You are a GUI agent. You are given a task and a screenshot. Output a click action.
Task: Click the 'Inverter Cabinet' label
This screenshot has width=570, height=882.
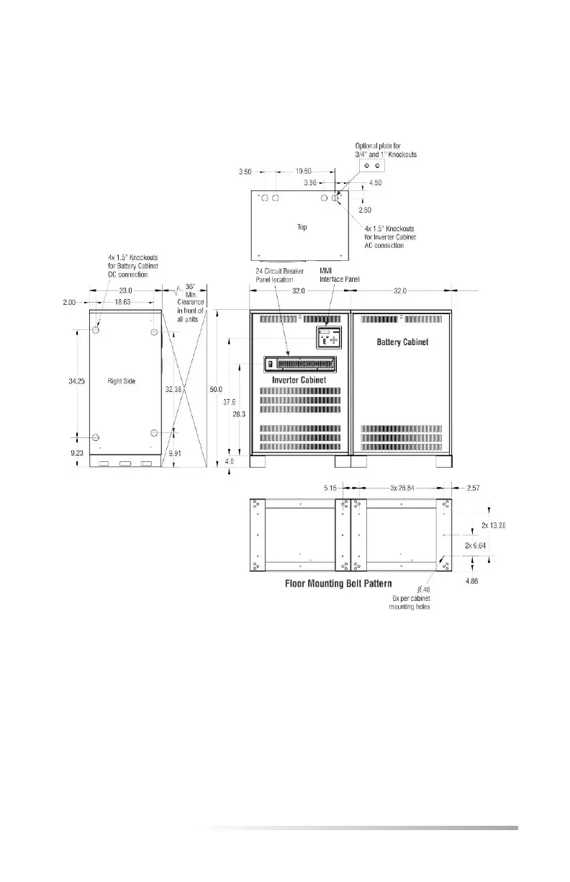[x=299, y=379]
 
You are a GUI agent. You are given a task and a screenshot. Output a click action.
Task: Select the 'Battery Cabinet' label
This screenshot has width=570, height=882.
[x=402, y=342]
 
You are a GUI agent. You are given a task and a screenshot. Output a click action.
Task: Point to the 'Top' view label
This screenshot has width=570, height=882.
[x=302, y=227]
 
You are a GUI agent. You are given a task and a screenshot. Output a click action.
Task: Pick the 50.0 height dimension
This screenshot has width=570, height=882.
[x=215, y=389]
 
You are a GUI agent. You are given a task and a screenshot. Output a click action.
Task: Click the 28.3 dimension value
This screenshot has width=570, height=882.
[x=237, y=415]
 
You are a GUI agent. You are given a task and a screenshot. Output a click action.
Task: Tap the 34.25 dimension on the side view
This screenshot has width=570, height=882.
[x=77, y=380]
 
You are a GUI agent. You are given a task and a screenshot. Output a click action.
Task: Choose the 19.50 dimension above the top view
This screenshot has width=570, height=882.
[x=304, y=172]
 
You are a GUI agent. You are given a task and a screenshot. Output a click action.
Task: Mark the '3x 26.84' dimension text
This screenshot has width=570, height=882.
[x=399, y=488]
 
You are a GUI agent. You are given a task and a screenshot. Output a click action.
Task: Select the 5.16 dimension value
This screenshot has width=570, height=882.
[x=330, y=488]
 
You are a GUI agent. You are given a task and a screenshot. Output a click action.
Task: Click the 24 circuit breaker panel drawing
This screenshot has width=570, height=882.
[x=300, y=364]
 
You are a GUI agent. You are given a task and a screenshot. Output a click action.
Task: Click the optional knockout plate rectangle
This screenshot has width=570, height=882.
[x=372, y=165]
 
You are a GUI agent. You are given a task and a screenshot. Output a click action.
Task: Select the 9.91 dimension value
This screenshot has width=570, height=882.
[x=174, y=454]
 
